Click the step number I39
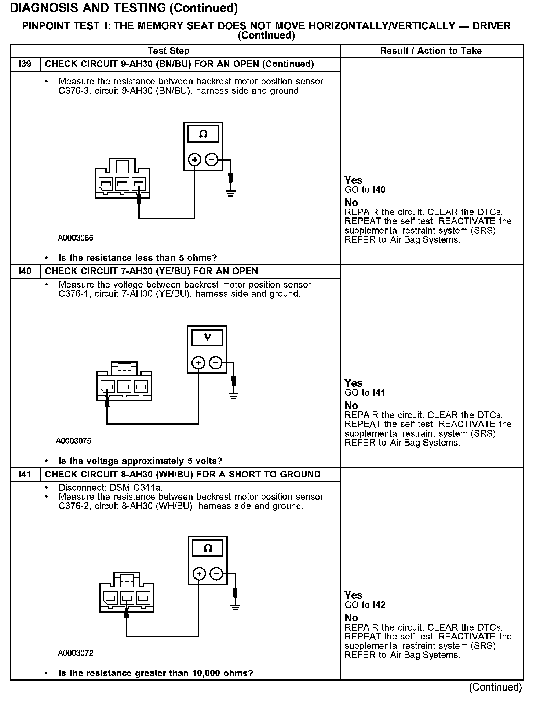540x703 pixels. (25, 64)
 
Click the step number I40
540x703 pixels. (25, 271)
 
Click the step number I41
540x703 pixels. (25, 475)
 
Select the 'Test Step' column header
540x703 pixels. (168, 51)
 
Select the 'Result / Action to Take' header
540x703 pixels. (431, 51)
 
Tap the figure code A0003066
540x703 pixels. (76, 238)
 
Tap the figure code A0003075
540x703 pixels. (74, 441)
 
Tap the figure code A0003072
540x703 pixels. (76, 653)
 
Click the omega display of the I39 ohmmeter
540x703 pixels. (203, 134)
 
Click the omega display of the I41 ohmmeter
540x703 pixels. (208, 548)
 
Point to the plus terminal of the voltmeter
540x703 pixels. (198, 363)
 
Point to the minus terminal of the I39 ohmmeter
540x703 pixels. (212, 160)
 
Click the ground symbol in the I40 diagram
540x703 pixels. (234, 396)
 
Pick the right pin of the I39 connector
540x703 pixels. (139, 183)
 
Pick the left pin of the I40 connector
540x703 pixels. (107, 386)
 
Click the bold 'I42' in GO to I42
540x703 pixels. (380, 605)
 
